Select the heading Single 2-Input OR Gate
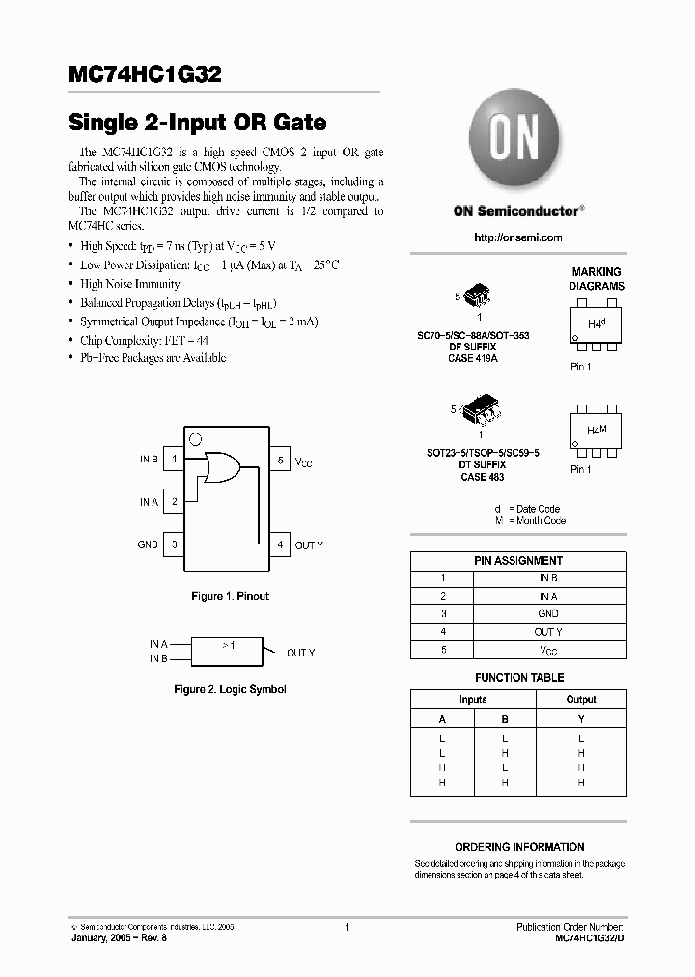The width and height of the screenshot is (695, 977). (x=197, y=123)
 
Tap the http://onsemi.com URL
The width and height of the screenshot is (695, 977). (x=518, y=237)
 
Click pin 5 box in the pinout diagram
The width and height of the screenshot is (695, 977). (x=280, y=460)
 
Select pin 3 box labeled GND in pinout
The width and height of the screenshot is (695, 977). (x=174, y=544)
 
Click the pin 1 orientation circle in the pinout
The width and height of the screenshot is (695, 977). (x=196, y=439)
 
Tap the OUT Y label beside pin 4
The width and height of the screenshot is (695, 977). (x=309, y=545)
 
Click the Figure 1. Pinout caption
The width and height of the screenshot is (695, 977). (x=230, y=596)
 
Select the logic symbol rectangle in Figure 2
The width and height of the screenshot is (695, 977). (x=228, y=651)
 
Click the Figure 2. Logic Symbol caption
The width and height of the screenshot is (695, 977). (x=230, y=689)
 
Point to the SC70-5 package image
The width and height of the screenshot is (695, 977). (x=477, y=295)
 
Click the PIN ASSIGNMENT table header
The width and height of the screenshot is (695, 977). (x=518, y=560)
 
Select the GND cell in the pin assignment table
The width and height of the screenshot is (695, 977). (x=548, y=614)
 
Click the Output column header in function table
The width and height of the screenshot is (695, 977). (x=581, y=699)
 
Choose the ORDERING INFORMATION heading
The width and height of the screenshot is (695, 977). (x=519, y=847)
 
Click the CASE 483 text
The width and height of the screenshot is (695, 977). (x=482, y=477)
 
